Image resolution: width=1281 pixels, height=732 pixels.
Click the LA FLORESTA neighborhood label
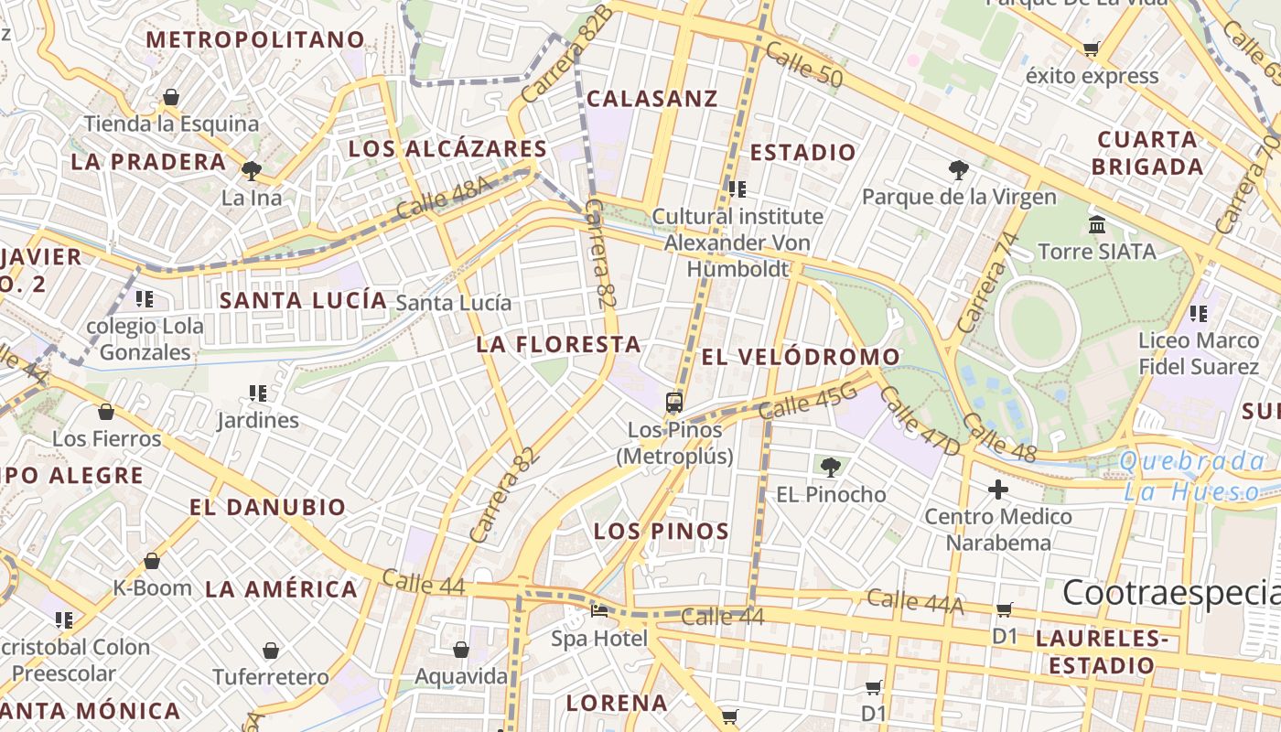pos(558,345)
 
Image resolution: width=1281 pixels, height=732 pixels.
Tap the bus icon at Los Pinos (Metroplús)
pos(674,402)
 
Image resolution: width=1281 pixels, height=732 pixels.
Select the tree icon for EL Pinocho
pos(830,468)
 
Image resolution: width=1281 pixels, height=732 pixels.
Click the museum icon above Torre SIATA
pos(1097,223)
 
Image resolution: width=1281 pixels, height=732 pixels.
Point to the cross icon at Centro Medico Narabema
pos(997,490)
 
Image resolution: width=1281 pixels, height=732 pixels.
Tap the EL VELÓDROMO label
pos(801,357)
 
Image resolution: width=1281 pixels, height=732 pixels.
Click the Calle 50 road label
pos(804,65)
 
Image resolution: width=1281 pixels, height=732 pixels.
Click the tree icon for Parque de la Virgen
pos(958,169)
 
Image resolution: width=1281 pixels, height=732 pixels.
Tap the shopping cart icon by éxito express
pos(1091,48)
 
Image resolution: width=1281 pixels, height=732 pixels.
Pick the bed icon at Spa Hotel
pos(599,610)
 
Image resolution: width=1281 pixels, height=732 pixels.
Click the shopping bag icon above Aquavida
pos(461,650)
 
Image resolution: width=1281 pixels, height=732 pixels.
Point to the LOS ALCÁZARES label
pos(447,149)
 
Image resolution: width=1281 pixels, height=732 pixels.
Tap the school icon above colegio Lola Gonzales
pos(144,298)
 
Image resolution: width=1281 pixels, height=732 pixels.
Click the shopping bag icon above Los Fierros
pos(106,412)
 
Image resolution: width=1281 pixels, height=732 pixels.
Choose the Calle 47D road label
pos(920,421)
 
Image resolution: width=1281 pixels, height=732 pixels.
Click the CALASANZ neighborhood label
pos(651,99)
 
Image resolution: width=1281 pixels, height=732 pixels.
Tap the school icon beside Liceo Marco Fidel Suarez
pos(1199,314)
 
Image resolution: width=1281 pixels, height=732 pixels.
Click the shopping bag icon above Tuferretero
pos(271,651)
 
